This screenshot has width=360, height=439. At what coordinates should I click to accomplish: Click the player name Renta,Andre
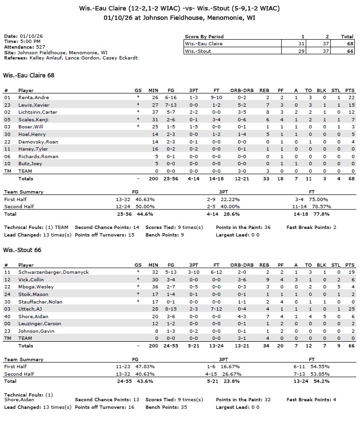[33, 97]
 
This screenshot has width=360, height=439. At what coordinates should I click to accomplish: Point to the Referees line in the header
[71, 58]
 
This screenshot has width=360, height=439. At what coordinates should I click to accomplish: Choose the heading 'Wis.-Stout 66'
[22, 250]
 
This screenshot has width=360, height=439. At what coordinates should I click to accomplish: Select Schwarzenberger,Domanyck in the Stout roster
[53, 272]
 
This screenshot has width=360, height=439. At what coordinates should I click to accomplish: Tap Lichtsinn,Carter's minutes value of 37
[153, 112]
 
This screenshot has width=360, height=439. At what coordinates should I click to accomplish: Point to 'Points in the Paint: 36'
[243, 227]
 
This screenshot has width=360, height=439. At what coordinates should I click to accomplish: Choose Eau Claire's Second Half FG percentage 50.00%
[145, 207]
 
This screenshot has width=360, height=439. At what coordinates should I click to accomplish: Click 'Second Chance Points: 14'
[107, 227]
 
